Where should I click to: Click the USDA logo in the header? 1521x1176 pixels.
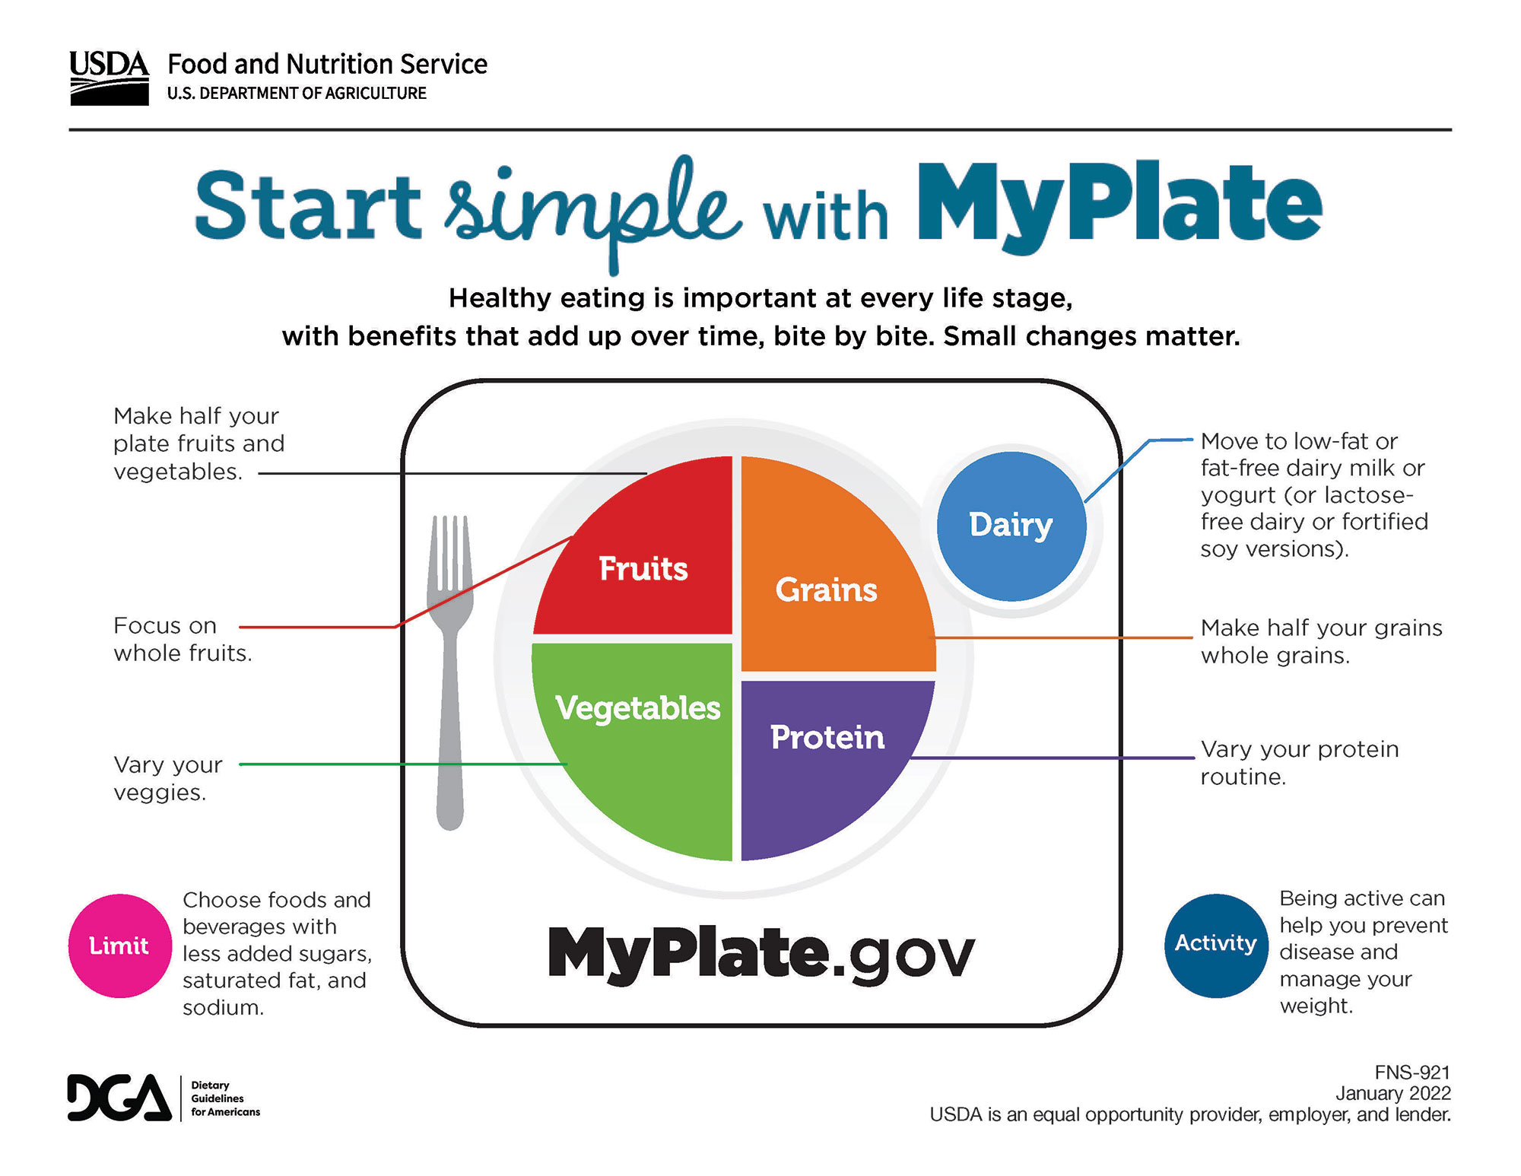point(110,78)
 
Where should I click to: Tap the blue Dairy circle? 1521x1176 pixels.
point(1011,526)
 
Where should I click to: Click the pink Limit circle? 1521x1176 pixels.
point(120,946)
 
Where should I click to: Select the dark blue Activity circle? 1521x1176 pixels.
point(1216,946)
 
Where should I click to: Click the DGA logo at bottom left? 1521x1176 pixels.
point(164,1098)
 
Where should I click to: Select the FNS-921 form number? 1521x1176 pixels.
point(1412,1073)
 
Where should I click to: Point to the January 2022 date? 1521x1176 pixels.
point(1393,1093)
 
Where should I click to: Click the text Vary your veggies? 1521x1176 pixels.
point(168,778)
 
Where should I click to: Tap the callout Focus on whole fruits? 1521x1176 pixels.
point(183,639)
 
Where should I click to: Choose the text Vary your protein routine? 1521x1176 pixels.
point(1300,762)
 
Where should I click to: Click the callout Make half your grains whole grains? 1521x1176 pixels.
point(1322,641)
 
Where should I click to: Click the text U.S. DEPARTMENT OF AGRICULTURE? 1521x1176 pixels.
point(297,94)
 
